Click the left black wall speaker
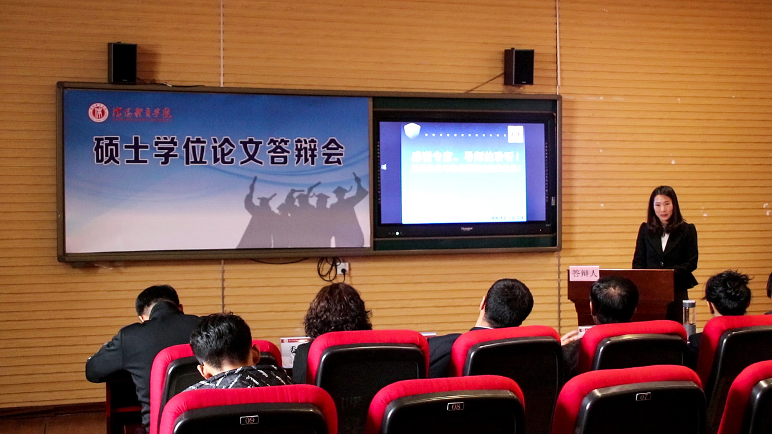[x=122, y=63]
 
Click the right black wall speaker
[x=519, y=67]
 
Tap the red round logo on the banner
[x=98, y=113]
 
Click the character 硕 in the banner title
[x=107, y=151]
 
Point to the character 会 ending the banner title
[x=333, y=151]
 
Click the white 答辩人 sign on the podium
[x=584, y=273]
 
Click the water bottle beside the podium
[x=689, y=316]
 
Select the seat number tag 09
[x=249, y=420]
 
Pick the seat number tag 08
[x=455, y=406]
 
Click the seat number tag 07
[x=643, y=397]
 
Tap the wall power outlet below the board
[x=343, y=267]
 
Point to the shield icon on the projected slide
[x=412, y=131]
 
